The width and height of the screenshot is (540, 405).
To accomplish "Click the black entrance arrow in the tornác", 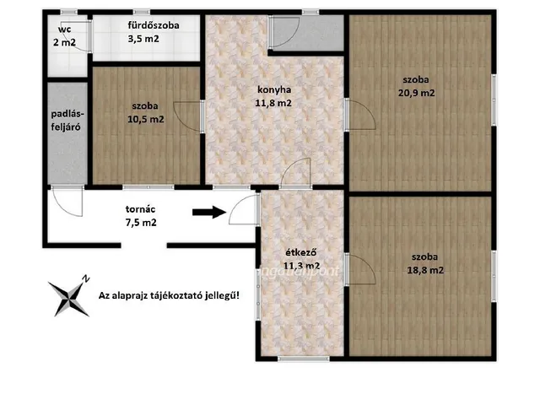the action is coord(209,212).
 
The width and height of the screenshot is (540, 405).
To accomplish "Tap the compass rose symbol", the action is coord(68,298).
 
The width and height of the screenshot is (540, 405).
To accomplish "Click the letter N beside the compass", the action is coord(86,279).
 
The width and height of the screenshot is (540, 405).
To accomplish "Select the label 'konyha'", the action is coord(274,90).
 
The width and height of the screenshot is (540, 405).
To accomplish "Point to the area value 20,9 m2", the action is coord(416,93).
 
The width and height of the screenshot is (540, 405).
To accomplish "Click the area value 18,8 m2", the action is coord(425,270).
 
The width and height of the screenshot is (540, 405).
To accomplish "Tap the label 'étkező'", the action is coord(301,252).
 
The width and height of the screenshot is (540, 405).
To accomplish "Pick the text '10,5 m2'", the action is coord(146,120).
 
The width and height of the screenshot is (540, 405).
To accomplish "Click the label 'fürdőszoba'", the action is coord(154,25).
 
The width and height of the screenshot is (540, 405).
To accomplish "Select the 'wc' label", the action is coord(65,30).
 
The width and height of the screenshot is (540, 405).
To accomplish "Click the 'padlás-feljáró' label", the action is coord(66,121).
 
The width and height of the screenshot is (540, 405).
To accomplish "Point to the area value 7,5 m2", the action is coord(141,223).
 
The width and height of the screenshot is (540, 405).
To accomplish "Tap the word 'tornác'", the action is coord(140,209).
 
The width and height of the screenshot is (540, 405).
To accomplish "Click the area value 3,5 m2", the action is coord(143,39).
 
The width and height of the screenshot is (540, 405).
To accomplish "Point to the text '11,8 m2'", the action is coord(273,103).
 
